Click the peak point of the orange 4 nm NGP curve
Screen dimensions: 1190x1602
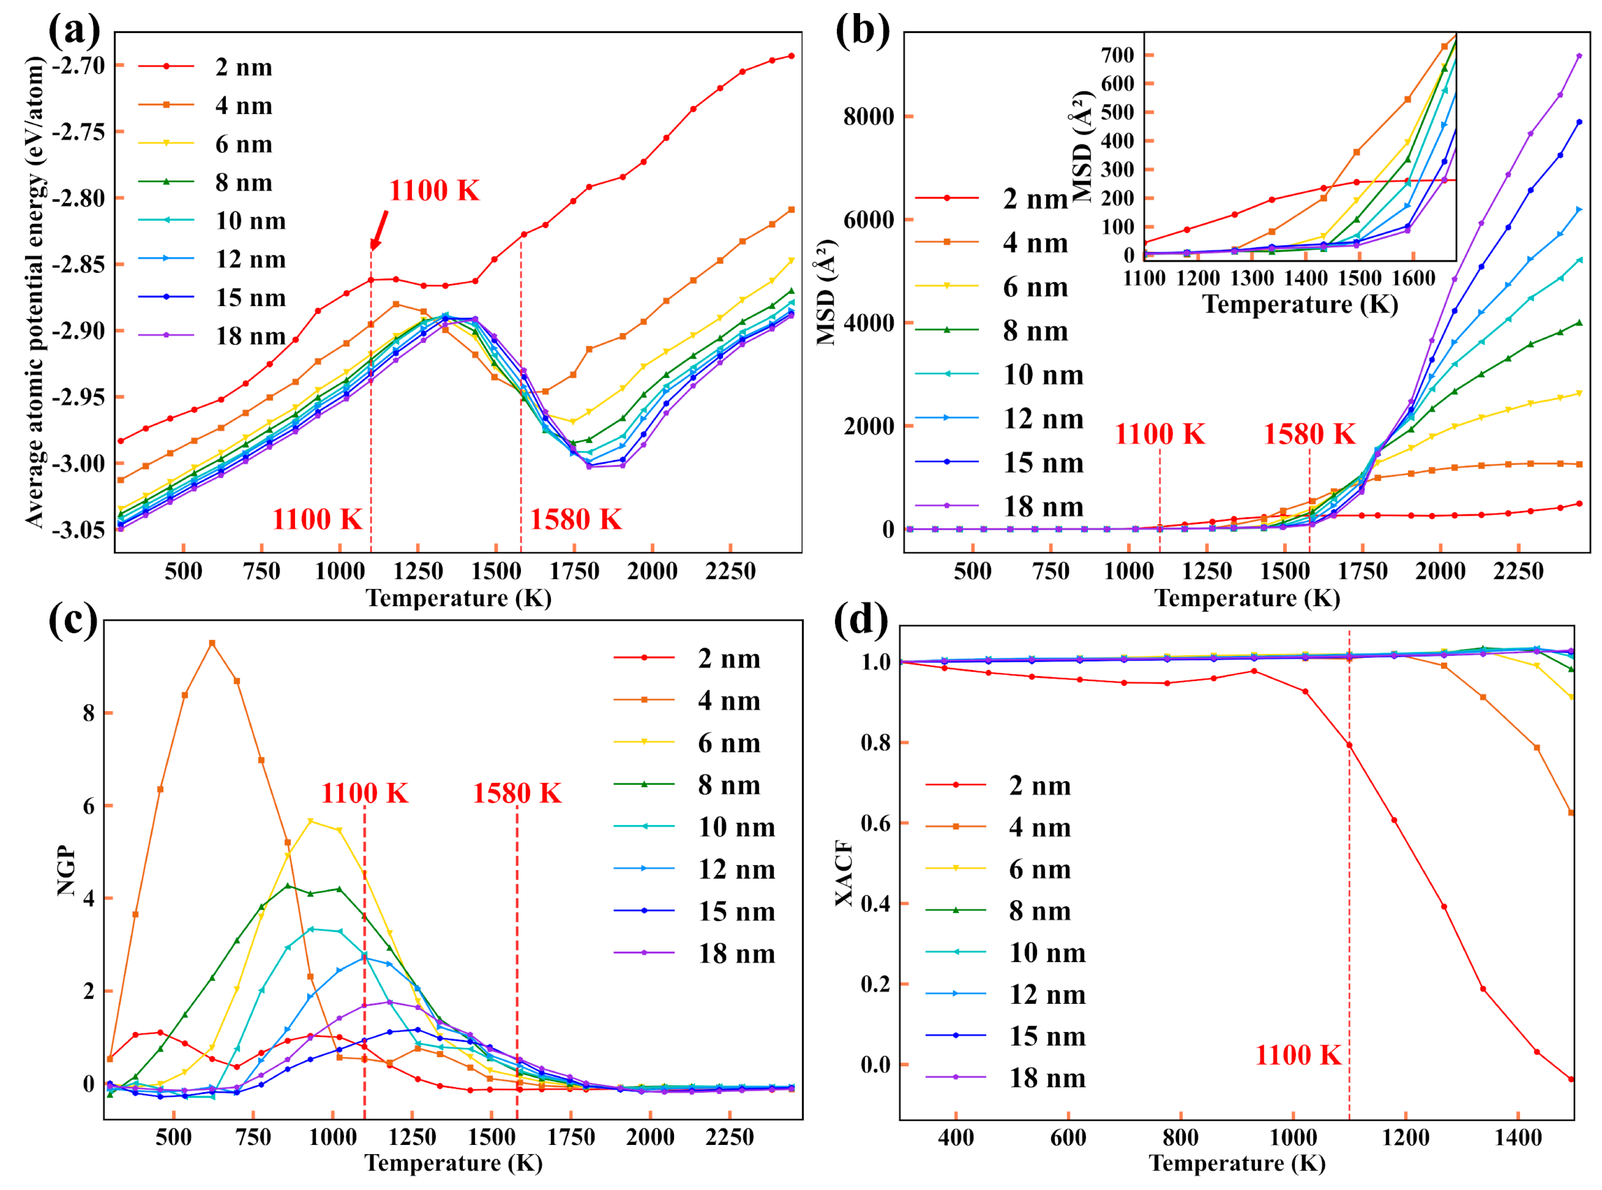pyautogui.click(x=212, y=643)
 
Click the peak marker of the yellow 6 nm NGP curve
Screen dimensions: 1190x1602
pyautogui.click(x=310, y=821)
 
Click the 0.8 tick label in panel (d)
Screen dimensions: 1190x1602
pyautogui.click(x=876, y=743)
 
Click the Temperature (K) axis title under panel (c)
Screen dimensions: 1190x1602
pyautogui.click(x=454, y=1163)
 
